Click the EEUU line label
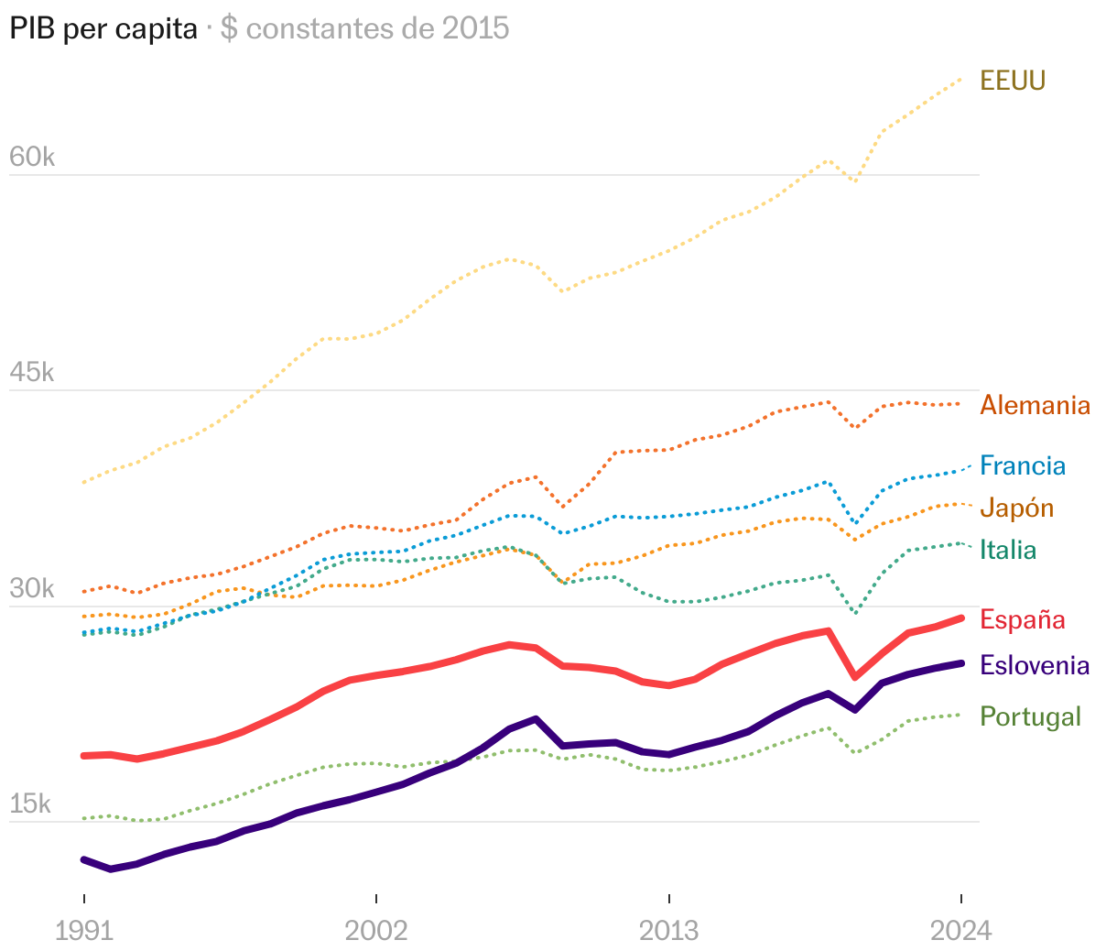[1012, 81]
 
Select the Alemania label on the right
[1035, 405]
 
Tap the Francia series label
[1023, 465]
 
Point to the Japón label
[1016, 508]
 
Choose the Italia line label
[1008, 550]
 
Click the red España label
[1022, 619]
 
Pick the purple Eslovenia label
[1035, 665]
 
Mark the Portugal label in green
[1030, 716]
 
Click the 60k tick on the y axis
[32, 158]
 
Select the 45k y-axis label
[32, 373]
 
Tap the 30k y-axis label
[32, 589]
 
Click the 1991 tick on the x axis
[84, 931]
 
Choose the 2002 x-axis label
[376, 931]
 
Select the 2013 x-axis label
[668, 931]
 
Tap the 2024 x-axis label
[960, 931]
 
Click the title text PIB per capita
[103, 28]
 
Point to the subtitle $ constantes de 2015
[364, 28]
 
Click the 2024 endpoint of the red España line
[960, 618]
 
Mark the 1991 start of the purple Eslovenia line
[84, 859]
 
